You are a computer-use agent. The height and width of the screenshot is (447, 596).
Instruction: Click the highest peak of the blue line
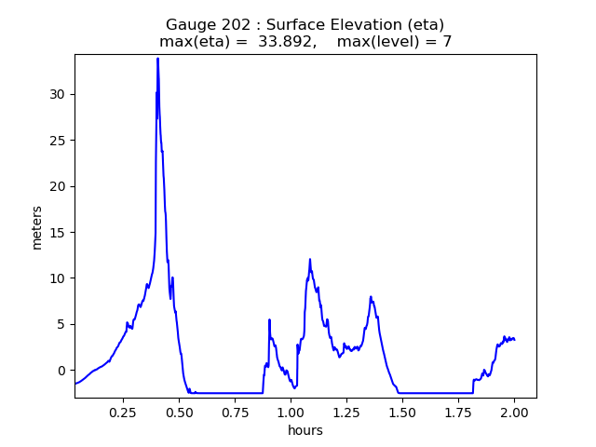[157, 59]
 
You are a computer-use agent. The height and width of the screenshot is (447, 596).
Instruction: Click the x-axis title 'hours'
[305, 430]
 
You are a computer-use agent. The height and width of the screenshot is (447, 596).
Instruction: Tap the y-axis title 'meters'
[37, 227]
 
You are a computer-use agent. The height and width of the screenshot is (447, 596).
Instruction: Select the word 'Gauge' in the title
[188, 25]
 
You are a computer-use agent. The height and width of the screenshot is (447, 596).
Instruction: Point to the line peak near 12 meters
[310, 260]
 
